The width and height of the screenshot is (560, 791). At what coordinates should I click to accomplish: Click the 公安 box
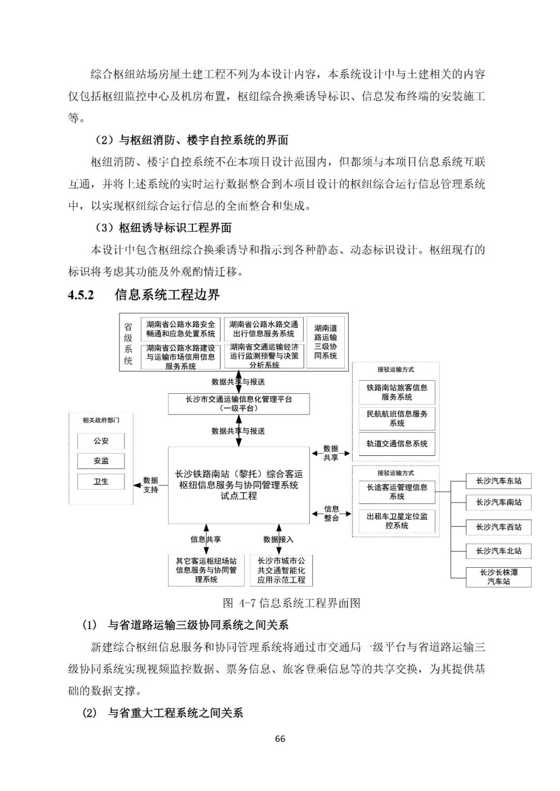pos(101,441)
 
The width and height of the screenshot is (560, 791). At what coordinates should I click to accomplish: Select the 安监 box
pos(101,461)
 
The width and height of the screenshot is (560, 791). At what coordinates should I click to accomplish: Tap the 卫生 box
pos(101,481)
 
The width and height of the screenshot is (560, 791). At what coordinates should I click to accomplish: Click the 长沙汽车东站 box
pos(498,481)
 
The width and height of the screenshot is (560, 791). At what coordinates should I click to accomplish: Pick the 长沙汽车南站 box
pos(498,502)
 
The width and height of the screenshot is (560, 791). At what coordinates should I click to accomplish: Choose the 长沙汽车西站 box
pos(498,527)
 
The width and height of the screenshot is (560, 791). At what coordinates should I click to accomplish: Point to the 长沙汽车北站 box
pos(498,551)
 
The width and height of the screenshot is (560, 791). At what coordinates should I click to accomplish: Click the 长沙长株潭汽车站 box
pos(498,577)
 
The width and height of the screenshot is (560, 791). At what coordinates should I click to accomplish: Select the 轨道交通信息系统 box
pos(397,443)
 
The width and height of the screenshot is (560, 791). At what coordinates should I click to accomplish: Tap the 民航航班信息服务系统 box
pos(397,418)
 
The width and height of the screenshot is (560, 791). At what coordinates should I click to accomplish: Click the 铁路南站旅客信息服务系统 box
pos(397,392)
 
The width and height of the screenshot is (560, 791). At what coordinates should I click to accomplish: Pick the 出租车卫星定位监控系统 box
pos(397,521)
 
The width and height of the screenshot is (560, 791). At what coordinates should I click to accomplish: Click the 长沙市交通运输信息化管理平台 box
pos(239,404)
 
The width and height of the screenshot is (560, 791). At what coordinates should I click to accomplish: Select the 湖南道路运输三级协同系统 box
pos(326,342)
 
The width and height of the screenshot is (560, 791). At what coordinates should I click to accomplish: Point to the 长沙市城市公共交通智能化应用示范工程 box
pos(281,570)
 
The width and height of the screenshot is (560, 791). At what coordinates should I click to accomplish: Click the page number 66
pos(280,739)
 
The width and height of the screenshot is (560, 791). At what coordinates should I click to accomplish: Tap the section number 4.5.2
pos(81,295)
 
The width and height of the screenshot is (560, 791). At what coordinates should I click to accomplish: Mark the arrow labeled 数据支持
pos(138,485)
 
